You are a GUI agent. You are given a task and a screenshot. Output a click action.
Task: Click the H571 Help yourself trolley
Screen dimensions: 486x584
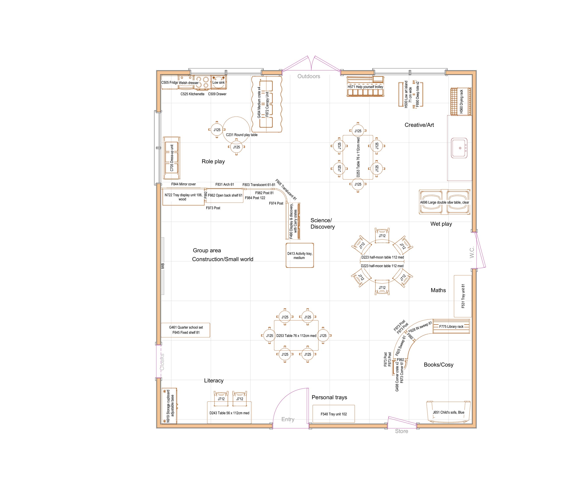tap(365, 87)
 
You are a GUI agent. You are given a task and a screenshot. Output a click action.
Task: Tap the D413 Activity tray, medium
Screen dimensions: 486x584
tap(300, 256)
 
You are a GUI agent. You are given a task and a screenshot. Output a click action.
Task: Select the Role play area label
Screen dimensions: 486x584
tap(213, 162)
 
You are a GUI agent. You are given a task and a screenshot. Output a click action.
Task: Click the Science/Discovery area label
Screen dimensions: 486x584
tap(322, 224)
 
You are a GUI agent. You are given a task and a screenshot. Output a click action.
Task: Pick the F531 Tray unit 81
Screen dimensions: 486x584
tap(463, 296)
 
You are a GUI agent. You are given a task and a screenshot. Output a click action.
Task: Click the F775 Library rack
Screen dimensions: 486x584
tap(451, 327)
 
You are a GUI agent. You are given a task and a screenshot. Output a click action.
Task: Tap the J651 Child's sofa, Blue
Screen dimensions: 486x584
tap(448, 412)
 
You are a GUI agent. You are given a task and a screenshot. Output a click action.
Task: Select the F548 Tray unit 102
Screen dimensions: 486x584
tap(334, 414)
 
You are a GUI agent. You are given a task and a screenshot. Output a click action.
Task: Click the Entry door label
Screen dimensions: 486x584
tap(287, 419)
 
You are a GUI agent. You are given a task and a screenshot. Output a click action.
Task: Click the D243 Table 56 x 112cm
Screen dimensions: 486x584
tap(229, 413)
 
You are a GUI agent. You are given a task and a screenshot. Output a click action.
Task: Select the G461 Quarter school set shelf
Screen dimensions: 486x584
tap(186, 330)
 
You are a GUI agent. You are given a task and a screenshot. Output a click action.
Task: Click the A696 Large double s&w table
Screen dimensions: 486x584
tap(444, 202)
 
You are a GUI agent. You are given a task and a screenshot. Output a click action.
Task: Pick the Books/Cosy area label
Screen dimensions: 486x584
tap(438, 365)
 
